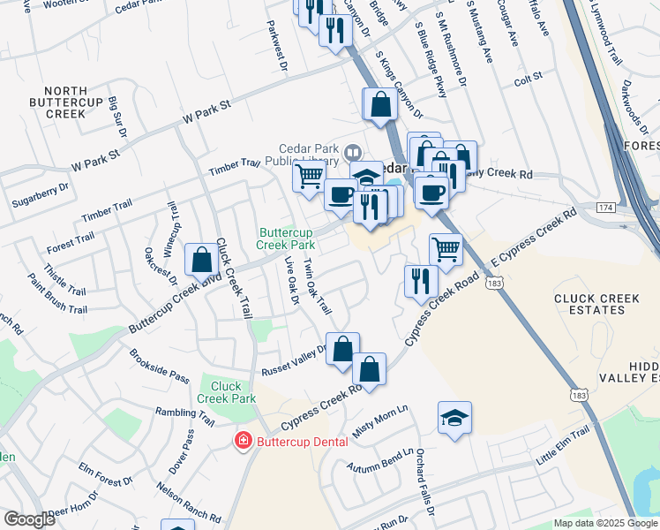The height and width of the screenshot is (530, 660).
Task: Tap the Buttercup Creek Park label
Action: pos(287,238)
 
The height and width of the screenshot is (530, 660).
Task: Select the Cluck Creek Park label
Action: pos(227,392)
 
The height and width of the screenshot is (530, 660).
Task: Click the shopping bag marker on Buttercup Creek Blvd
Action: pos(202,260)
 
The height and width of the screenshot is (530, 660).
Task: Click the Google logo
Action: pos(30,519)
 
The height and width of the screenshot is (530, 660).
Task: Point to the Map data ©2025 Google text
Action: pos(604,523)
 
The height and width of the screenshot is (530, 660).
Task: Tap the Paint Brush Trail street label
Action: pos(57,295)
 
